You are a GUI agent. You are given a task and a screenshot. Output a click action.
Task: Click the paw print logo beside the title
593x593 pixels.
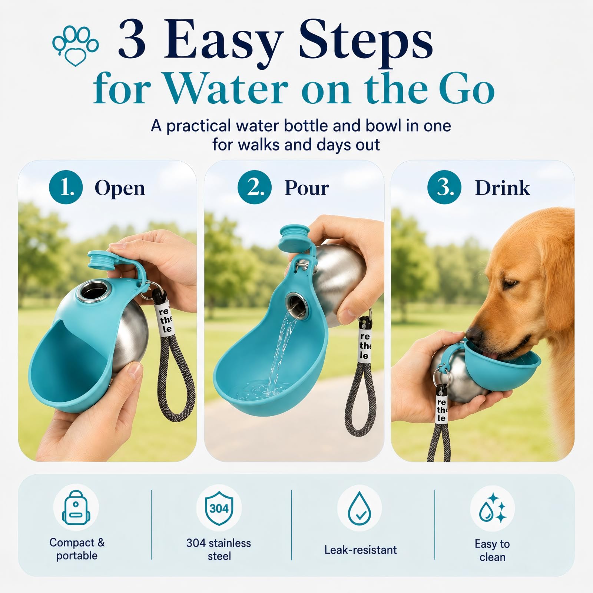(75, 45)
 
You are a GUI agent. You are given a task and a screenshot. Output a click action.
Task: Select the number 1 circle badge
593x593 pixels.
(66, 187)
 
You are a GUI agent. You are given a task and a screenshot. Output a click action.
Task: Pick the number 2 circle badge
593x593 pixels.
(255, 187)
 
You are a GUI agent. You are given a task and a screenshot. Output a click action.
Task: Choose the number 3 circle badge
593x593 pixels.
(444, 187)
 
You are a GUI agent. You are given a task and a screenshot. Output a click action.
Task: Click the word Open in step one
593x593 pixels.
(120, 188)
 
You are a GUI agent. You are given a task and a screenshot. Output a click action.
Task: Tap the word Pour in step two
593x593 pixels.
(307, 188)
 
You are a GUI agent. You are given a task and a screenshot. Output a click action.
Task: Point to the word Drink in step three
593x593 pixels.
(502, 188)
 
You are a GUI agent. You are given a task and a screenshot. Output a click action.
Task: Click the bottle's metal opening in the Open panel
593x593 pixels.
(90, 290)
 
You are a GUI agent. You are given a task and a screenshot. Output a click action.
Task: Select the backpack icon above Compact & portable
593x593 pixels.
(76, 507)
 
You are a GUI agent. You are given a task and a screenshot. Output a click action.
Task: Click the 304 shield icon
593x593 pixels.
(219, 508)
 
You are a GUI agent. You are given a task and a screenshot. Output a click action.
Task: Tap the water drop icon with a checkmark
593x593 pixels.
(360, 508)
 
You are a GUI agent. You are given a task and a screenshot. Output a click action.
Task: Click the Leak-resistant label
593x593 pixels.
(360, 550)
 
